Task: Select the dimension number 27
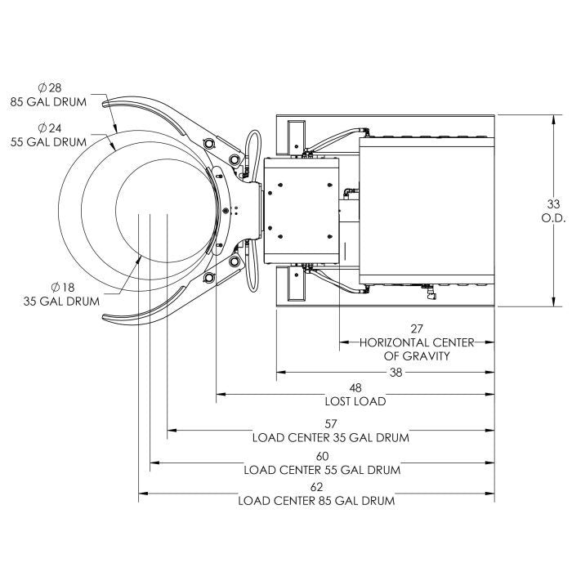pos(417,329)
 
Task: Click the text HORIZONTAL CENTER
pos(417,342)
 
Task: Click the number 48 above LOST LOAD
pos(355,388)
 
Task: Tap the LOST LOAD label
pos(355,401)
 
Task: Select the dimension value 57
pos(330,424)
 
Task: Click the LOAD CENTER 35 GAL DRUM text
pos(330,437)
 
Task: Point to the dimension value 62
pos(316,487)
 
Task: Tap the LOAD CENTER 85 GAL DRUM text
pos(316,500)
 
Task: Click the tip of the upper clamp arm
pos(105,102)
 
